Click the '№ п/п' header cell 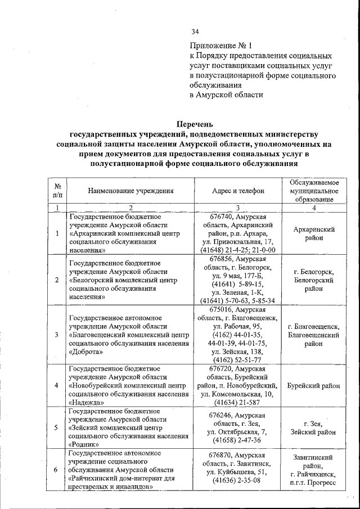(57, 191)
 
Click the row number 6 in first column (56, 470)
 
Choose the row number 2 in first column (56, 280)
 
